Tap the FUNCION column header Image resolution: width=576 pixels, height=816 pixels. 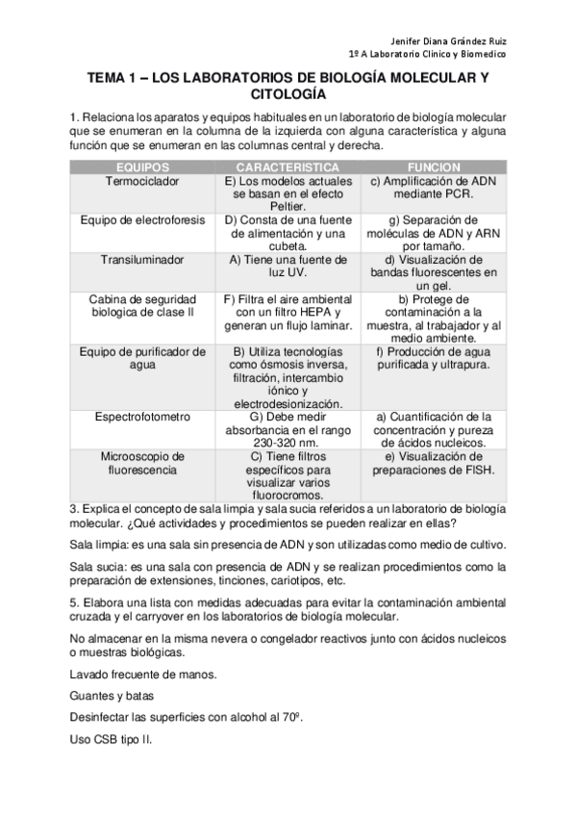coord(434,166)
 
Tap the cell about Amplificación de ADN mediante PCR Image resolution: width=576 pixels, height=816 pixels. coord(434,187)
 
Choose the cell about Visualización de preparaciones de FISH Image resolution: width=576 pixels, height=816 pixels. coord(434,463)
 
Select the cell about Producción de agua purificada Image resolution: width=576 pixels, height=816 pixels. coord(434,358)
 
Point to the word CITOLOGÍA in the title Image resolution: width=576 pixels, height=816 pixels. coord(288,95)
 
